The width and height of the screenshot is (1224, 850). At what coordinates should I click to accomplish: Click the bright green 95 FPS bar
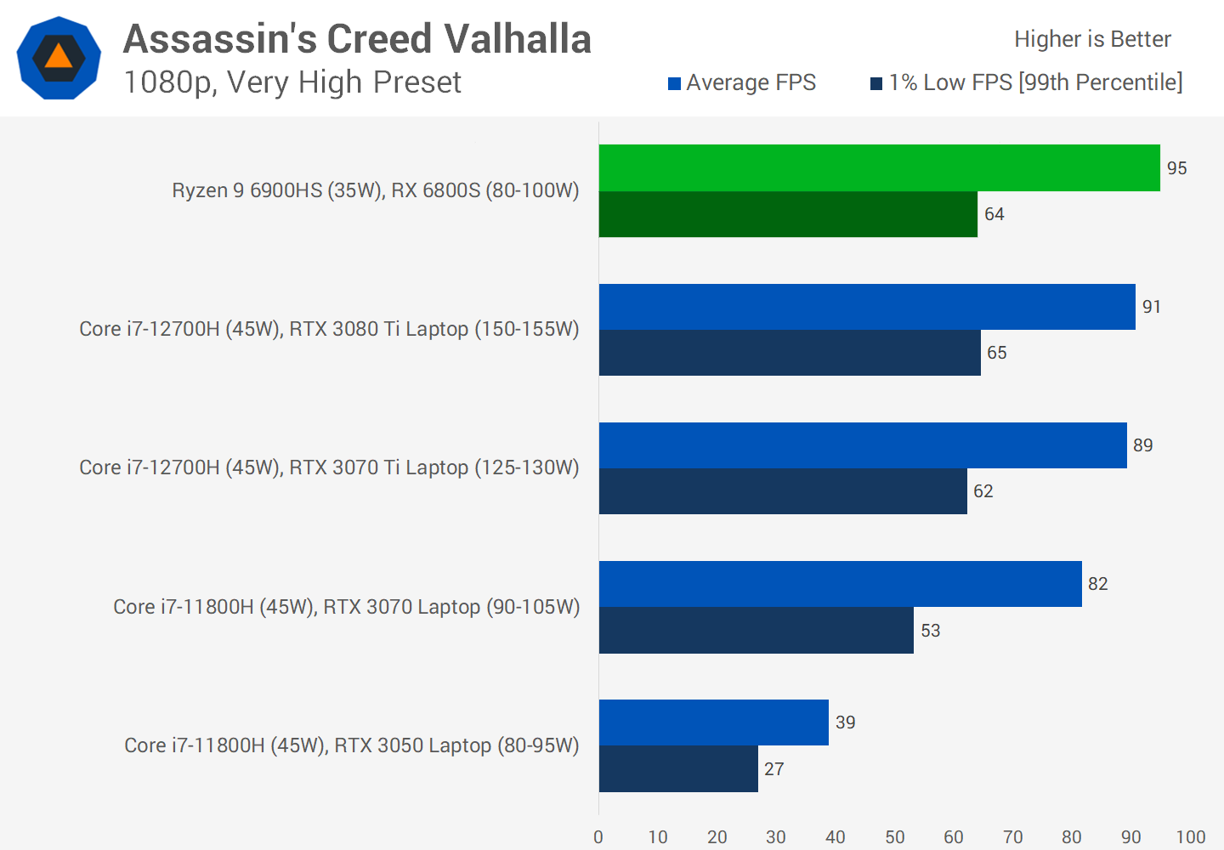[879, 168]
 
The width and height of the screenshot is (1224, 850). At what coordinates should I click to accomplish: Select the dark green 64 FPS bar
[788, 214]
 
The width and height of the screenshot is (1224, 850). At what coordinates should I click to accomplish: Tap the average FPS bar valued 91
[867, 307]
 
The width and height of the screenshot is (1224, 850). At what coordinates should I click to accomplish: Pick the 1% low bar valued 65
[790, 353]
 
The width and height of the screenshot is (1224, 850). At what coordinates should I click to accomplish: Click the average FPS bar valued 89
[863, 445]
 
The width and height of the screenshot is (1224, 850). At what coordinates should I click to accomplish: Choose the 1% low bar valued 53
[756, 631]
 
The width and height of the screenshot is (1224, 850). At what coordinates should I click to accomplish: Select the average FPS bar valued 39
[714, 722]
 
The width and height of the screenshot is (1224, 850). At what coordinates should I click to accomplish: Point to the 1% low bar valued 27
[678, 769]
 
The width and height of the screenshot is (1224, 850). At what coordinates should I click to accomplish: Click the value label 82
[1097, 584]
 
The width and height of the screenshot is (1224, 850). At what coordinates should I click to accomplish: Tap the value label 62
[983, 491]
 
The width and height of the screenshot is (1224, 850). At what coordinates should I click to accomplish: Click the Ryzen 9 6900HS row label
[375, 190]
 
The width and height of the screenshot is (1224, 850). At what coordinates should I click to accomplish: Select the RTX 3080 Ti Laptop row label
[329, 329]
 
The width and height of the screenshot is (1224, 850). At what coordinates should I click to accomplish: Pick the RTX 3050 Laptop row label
[351, 745]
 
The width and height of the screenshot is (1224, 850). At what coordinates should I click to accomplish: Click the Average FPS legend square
[674, 83]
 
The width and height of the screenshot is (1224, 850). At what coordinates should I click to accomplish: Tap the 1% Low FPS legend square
[876, 83]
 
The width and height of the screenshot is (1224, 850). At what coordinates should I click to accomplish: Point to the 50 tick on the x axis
[894, 836]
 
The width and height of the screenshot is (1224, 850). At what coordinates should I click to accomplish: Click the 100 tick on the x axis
[1190, 836]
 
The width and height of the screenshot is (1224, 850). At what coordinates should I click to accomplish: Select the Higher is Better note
[1092, 39]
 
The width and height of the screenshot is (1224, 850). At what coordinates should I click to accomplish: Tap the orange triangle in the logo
[59, 57]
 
